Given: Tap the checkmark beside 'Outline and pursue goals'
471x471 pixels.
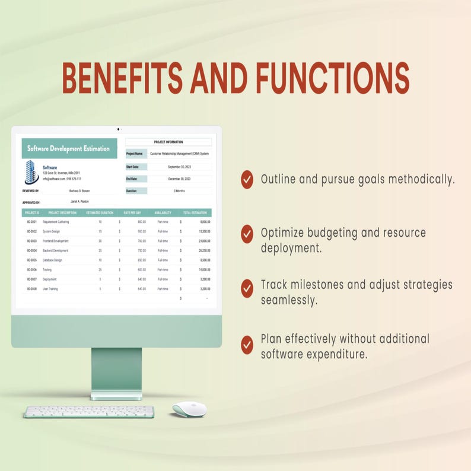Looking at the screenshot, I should [x=247, y=179].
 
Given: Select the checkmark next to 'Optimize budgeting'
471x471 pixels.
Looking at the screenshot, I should [x=247, y=233].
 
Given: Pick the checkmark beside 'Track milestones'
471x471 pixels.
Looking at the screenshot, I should [x=247, y=288].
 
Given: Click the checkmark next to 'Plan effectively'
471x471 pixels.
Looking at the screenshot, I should [x=247, y=343].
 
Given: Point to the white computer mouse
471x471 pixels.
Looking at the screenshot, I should [x=189, y=409].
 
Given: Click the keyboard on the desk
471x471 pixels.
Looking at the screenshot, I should [x=89, y=412].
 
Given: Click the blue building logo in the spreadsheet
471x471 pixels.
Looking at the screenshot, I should [x=31, y=172].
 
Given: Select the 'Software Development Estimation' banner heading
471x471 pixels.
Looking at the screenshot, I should [x=69, y=149].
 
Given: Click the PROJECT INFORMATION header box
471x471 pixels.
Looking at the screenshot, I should [x=168, y=142].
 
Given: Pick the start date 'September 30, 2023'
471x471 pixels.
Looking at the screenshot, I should [x=179, y=167].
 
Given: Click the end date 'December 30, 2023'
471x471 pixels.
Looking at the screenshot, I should [x=179, y=179].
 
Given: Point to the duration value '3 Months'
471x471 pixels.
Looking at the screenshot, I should [x=179, y=191].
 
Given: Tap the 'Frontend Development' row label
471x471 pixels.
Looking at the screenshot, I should [x=56, y=241].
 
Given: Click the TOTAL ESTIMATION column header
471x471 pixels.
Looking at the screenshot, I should [x=195, y=212].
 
